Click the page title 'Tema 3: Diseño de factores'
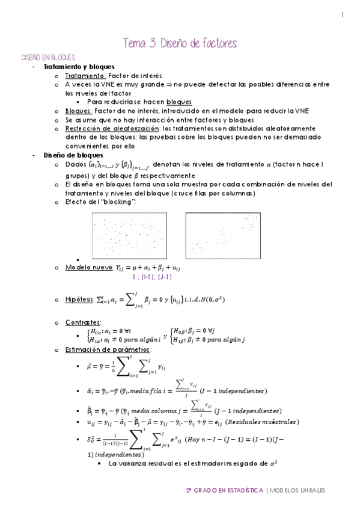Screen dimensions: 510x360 click(180, 43)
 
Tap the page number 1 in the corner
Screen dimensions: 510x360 click(341, 16)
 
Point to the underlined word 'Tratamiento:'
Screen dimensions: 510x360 click(85, 76)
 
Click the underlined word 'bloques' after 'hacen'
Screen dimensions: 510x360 click(179, 102)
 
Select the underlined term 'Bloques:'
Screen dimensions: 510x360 click(78, 111)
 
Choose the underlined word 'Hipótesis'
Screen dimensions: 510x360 click(79, 299)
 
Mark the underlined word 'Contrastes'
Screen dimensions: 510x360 click(83, 322)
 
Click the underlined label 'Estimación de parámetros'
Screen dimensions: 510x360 click(108, 349)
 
